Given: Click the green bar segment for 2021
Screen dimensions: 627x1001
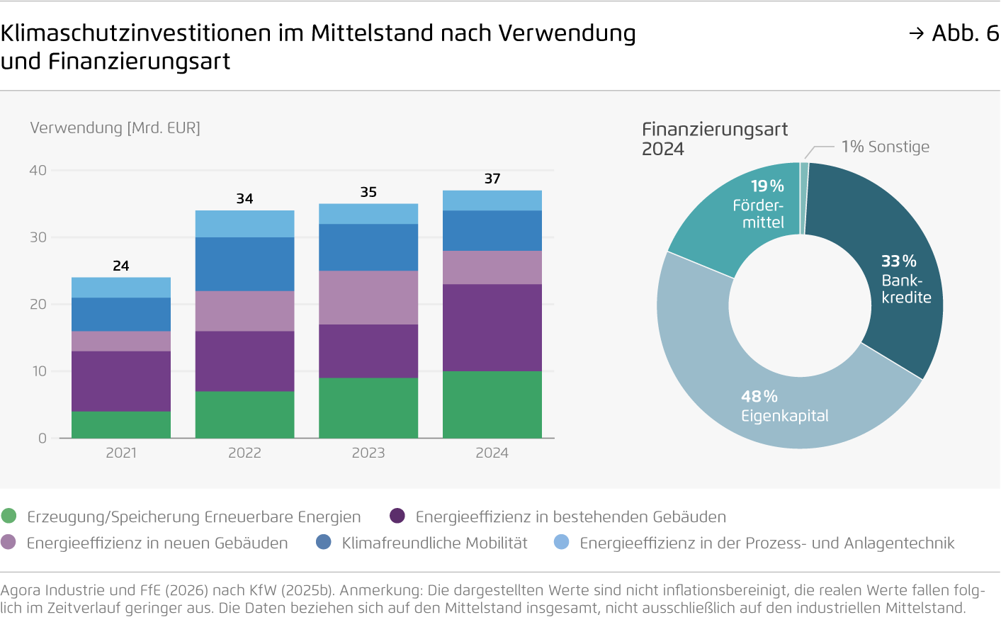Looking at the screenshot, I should pos(121,424).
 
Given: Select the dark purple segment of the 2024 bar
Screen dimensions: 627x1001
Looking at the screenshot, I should pos(492,327).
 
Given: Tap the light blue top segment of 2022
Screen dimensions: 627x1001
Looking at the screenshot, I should pos(244,223).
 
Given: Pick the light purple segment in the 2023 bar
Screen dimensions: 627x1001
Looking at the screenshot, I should pos(368,297).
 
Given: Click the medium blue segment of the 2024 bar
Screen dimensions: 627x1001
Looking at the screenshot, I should pos(492,230).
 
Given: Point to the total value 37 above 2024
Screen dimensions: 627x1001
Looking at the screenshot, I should pos(492,179).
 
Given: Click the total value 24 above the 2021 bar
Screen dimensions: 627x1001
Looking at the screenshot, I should pos(121,266).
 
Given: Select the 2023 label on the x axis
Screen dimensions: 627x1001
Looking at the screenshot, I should pos(368,453).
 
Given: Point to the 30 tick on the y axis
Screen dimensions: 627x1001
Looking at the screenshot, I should pos(38,237).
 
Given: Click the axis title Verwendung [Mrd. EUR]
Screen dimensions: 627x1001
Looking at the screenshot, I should pos(115,128).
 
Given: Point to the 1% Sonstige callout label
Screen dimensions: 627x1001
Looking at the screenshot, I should pos(885,147).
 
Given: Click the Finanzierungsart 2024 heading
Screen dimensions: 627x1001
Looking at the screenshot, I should pos(714,138).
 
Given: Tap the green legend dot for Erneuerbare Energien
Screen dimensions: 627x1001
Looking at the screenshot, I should pos(9,516).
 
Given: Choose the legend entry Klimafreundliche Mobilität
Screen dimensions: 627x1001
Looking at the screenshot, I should pos(434,543).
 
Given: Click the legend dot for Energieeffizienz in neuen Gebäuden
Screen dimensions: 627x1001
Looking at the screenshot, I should pos(9,542).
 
